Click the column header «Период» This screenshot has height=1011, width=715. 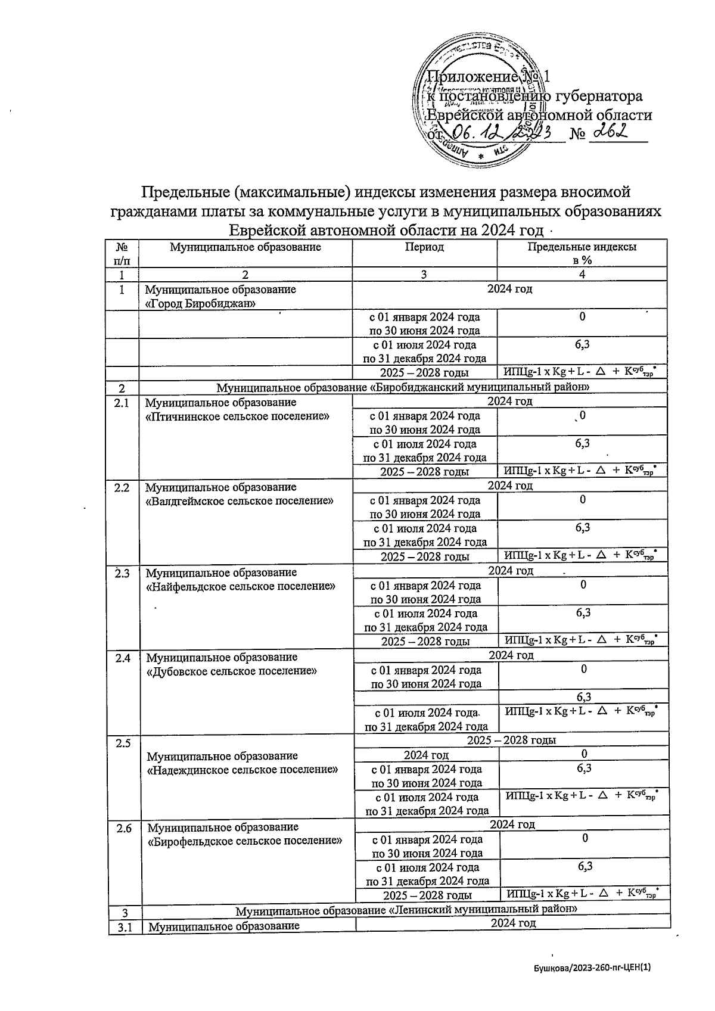click(x=424, y=247)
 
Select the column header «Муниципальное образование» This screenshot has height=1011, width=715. click(x=245, y=247)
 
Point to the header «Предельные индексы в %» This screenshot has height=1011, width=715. click(x=582, y=253)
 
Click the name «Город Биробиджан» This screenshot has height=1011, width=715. click(x=201, y=303)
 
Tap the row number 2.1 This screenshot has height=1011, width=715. click(x=122, y=403)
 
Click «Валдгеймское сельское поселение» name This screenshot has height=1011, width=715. click(x=239, y=501)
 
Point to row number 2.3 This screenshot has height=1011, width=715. click(x=122, y=573)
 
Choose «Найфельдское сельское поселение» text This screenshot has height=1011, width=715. click(x=240, y=586)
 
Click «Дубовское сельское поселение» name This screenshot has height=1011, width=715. click(x=231, y=671)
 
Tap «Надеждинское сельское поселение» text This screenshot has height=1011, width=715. click(x=242, y=769)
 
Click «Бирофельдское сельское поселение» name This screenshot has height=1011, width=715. click(x=244, y=841)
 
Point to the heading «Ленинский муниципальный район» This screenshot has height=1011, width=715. click(x=406, y=911)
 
